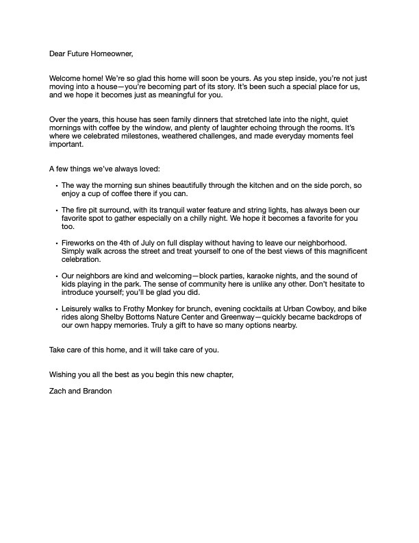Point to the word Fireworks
pos(78,243)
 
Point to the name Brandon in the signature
pos(97,391)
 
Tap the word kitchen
pos(238,185)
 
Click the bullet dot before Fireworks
pos(55,243)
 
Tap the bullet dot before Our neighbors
pos(55,276)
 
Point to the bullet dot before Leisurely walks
pos(55,310)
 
